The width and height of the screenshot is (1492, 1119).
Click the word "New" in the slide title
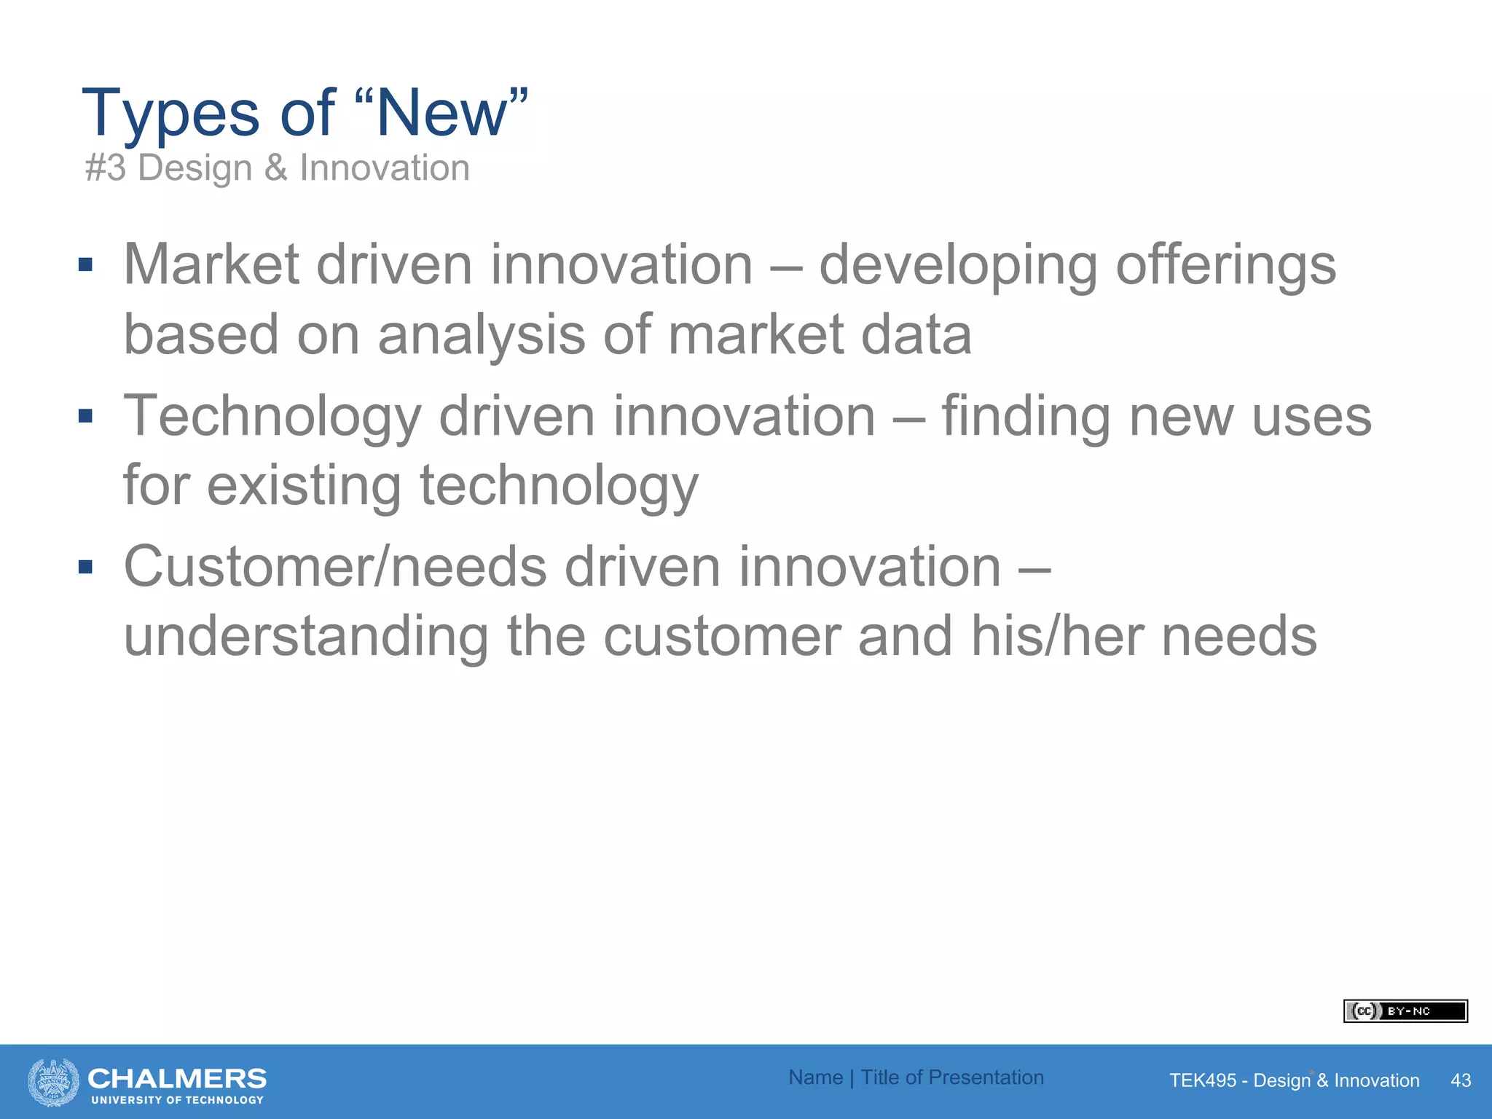pos(441,113)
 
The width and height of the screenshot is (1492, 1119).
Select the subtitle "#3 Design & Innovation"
pos(277,168)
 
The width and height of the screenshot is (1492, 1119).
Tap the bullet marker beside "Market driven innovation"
pos(86,264)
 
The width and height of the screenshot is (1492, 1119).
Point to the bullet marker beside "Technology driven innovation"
pos(86,416)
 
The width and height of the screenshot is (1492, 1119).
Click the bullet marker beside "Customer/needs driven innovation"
pos(86,567)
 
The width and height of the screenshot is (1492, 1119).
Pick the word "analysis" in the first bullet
pos(482,336)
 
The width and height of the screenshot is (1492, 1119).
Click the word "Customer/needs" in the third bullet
pos(335,568)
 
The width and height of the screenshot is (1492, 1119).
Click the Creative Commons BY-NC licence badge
pos(1405,1011)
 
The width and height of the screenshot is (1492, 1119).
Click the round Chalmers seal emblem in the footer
pos(53,1082)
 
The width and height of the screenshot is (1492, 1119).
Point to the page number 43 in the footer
pos(1461,1080)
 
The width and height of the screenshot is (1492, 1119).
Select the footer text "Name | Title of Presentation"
pos(916,1077)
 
